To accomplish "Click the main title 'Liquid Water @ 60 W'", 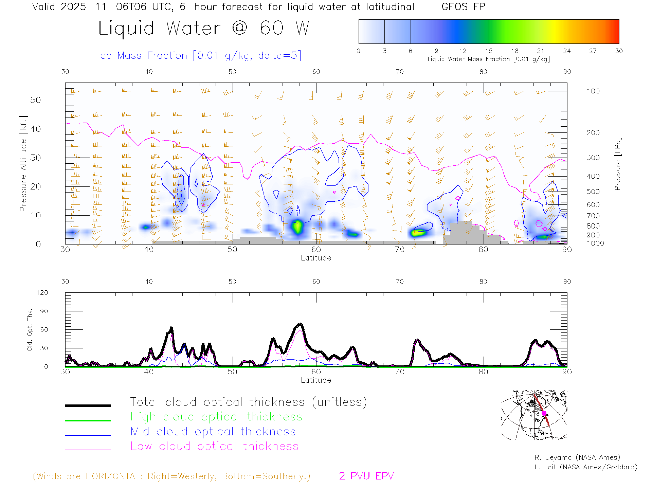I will point(204,28).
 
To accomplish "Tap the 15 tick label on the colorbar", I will point(489,51).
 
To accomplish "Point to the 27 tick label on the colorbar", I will point(593,51).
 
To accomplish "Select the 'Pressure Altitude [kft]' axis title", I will point(23,164).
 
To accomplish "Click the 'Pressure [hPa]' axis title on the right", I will point(617,164).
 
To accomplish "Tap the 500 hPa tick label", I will point(593,192).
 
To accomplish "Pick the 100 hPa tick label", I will point(593,91).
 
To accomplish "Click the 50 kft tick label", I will point(35,100).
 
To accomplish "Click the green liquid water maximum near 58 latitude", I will point(297,227).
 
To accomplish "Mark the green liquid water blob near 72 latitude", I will point(418,233).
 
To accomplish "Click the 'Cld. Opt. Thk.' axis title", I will point(30,329).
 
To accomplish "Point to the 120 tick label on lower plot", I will point(42,293).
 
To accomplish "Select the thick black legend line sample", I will point(88,405).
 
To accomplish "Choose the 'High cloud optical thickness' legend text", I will point(216,417).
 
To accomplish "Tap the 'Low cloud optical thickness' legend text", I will point(214,446).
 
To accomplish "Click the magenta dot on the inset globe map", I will point(544,413).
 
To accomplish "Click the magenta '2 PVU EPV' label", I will point(366,476).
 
